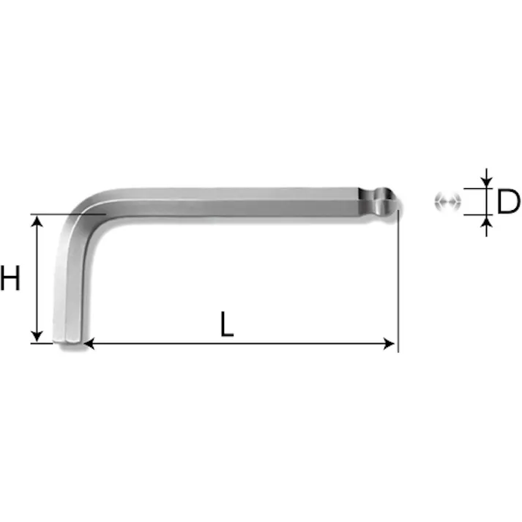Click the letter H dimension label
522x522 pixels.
(x=10, y=278)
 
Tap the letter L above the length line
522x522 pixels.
(x=227, y=324)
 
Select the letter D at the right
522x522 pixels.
(x=508, y=201)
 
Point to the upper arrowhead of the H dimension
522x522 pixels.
(x=37, y=221)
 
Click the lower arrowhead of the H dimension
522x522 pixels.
(x=37, y=336)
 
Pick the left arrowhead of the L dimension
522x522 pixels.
(x=89, y=343)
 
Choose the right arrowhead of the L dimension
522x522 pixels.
(x=389, y=343)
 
